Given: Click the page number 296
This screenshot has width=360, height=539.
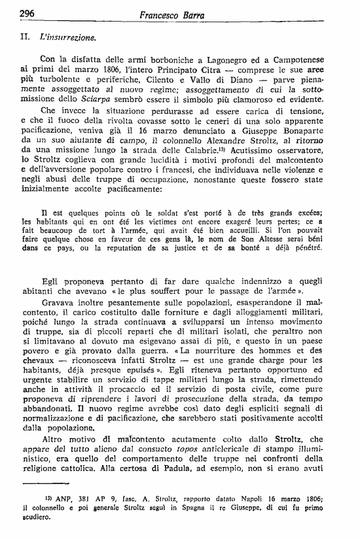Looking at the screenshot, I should coord(27,13).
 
